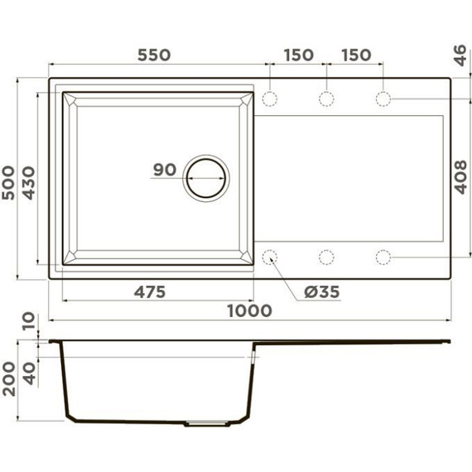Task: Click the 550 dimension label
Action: point(154,55)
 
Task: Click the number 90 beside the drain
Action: point(165,171)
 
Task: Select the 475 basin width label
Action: point(150,291)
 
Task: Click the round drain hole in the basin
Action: point(204,176)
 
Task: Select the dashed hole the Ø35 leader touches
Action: point(271,257)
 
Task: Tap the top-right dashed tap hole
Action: point(383,99)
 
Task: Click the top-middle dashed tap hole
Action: point(326,99)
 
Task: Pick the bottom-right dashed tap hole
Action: point(383,257)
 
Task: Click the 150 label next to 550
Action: point(298,55)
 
